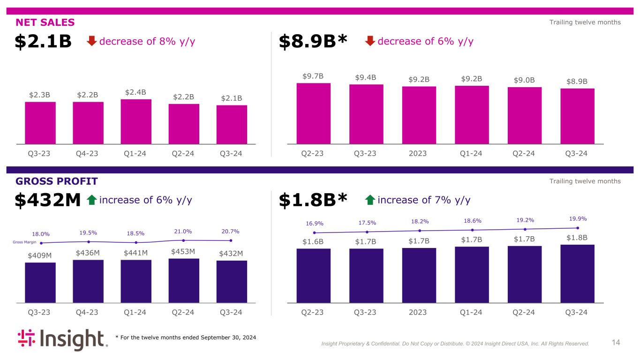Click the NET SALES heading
coord(45,22)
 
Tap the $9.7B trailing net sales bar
coord(313,113)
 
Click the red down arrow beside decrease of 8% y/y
coord(92,41)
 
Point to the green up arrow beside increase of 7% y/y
coord(370,201)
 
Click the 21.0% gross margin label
coord(183,231)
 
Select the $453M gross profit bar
coord(184,280)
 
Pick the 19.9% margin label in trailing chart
coord(577,218)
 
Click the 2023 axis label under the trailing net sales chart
coord(418,153)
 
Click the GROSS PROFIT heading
coord(57,181)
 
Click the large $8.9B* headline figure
coord(313,42)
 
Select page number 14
coord(616,343)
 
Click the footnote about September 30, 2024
coord(186,337)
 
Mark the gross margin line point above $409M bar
coord(41,243)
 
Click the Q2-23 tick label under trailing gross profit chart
coord(313,313)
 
